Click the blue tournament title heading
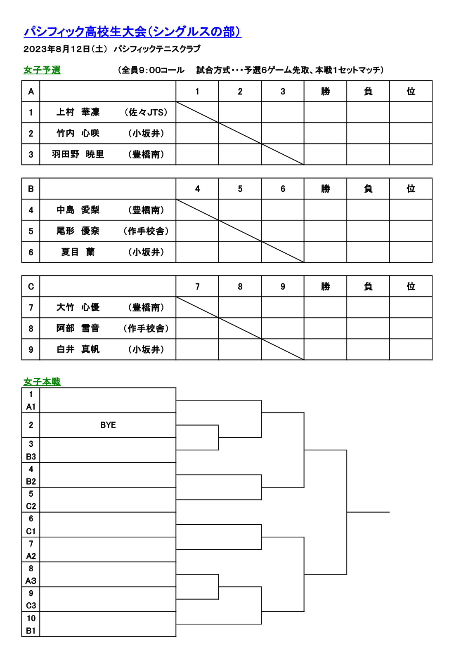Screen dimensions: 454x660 [x=132, y=32]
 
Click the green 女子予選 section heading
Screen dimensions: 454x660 [x=42, y=70]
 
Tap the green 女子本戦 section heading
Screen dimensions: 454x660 [x=42, y=382]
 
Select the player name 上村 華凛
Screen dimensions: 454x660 [x=78, y=112]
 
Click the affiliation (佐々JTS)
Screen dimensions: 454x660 [x=146, y=112]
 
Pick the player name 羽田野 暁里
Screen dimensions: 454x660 [x=78, y=154]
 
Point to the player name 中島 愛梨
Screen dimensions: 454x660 [x=78, y=210]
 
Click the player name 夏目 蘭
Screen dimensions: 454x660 [x=78, y=252]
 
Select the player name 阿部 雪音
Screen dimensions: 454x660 [x=78, y=328]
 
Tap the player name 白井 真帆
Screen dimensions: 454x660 [x=78, y=349]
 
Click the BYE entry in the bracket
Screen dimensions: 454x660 [x=108, y=425]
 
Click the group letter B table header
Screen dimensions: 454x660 [x=31, y=189]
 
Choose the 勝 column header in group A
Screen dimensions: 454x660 [x=326, y=91]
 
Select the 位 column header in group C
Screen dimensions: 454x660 [x=411, y=286]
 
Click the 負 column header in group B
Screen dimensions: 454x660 [x=368, y=189]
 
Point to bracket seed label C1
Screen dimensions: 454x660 [x=31, y=531]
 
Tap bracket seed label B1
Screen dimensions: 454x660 [x=31, y=631]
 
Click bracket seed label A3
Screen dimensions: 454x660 [x=31, y=581]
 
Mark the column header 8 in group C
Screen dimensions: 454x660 [x=240, y=286]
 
